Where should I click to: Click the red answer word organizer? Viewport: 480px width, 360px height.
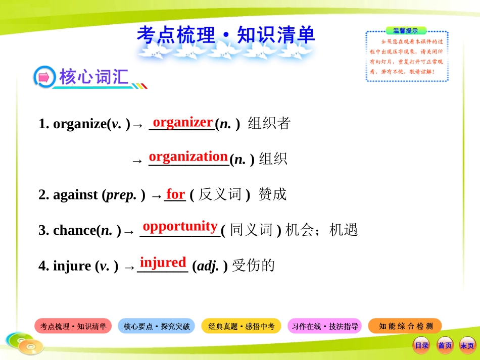point(182,122)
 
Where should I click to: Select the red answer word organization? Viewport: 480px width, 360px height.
point(188,157)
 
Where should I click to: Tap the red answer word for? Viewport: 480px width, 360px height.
point(175,194)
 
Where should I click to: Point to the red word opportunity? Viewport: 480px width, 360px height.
point(180,226)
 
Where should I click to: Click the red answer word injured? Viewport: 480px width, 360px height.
point(163,262)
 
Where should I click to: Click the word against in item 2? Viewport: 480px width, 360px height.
point(75,195)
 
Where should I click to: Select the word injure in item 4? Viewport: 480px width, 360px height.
point(72,266)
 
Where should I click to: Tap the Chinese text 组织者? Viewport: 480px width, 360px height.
point(269,124)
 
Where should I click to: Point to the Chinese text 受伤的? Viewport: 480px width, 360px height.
point(253,266)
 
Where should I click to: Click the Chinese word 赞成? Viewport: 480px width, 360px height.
point(272,194)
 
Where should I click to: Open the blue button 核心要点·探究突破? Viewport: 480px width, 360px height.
point(156,326)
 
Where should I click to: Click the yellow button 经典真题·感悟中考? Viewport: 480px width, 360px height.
point(242,326)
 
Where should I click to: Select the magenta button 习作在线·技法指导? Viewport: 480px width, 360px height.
point(325,326)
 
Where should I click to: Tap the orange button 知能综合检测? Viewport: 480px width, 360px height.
point(406,326)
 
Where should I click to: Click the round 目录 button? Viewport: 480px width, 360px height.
point(421,345)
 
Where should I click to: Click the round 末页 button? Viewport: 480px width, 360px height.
point(466,345)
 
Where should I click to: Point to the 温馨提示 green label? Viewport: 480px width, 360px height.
point(406,31)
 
